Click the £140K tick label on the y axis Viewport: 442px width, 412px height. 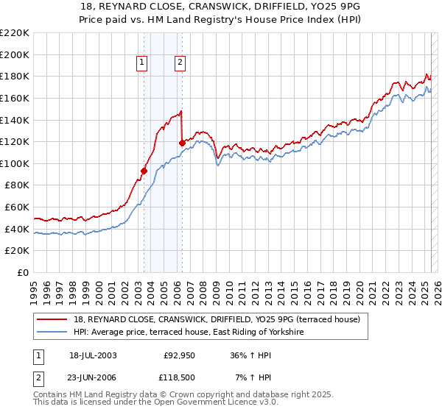coord(15,120)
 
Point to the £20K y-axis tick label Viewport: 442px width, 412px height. coord(17,251)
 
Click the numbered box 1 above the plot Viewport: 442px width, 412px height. coord(142,63)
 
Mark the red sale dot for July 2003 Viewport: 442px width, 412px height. coord(144,171)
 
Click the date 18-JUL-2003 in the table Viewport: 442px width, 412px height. coord(93,355)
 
